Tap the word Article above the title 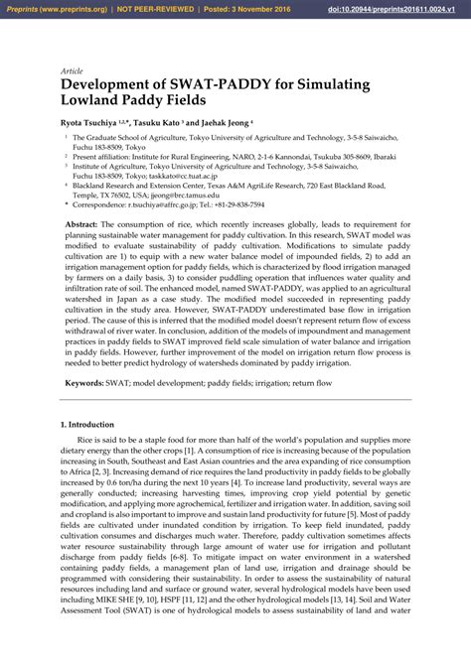(x=71, y=71)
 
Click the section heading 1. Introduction (x=87, y=425)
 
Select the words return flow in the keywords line (x=310, y=382)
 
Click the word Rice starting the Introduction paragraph (x=86, y=439)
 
